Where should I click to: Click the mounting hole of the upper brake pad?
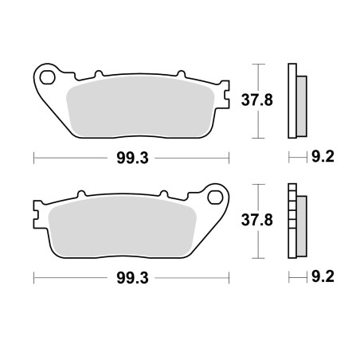[47, 77]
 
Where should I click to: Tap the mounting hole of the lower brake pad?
[215, 198]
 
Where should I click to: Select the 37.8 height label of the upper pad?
[256, 100]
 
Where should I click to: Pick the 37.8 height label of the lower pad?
[256, 221]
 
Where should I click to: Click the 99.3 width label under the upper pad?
[132, 158]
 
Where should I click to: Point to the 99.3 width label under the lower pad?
[132, 278]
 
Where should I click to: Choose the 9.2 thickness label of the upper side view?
[323, 157]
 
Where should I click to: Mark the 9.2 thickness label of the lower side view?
[323, 276]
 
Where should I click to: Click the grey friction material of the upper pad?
[140, 107]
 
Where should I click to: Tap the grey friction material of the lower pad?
[123, 227]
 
